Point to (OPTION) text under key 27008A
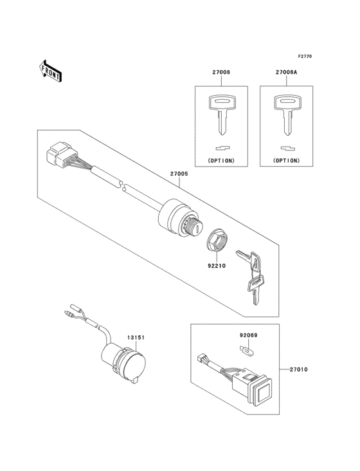tap(286, 160)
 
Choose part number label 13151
tap(134, 337)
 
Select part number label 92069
tap(248, 336)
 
